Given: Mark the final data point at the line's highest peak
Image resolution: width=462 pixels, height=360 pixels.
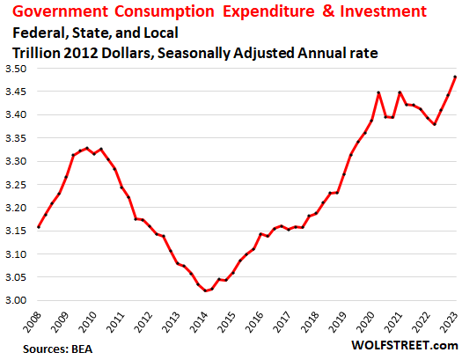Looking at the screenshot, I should click(x=455, y=77).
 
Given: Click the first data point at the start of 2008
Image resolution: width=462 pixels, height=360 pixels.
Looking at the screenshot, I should click(x=38, y=227).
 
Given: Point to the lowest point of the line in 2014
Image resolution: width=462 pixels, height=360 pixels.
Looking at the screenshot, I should click(x=206, y=290).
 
